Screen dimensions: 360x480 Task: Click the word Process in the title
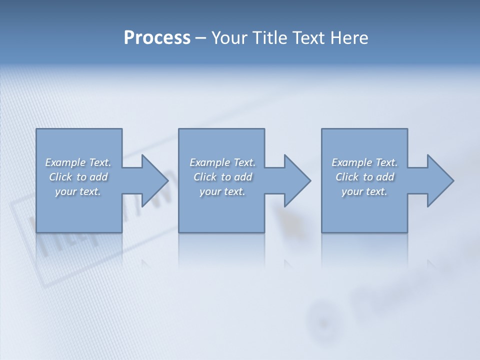(157, 38)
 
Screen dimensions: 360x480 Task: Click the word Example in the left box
(65, 162)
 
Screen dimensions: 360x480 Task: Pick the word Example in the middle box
(209, 162)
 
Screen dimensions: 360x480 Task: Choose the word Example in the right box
(351, 162)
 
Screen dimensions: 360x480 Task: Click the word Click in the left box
(60, 177)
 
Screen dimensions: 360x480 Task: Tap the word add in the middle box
(243, 177)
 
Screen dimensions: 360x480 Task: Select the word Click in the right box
(347, 177)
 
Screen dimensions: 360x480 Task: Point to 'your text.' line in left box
(78, 191)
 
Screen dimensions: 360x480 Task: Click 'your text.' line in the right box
(364, 191)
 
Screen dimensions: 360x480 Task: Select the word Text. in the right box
(386, 162)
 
